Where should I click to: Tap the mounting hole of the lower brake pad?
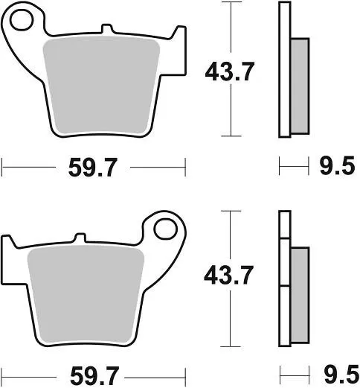pyautogui.click(x=165, y=228)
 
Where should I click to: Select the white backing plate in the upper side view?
pyautogui.click(x=283, y=71)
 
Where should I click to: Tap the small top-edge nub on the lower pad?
pyautogui.click(x=76, y=238)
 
